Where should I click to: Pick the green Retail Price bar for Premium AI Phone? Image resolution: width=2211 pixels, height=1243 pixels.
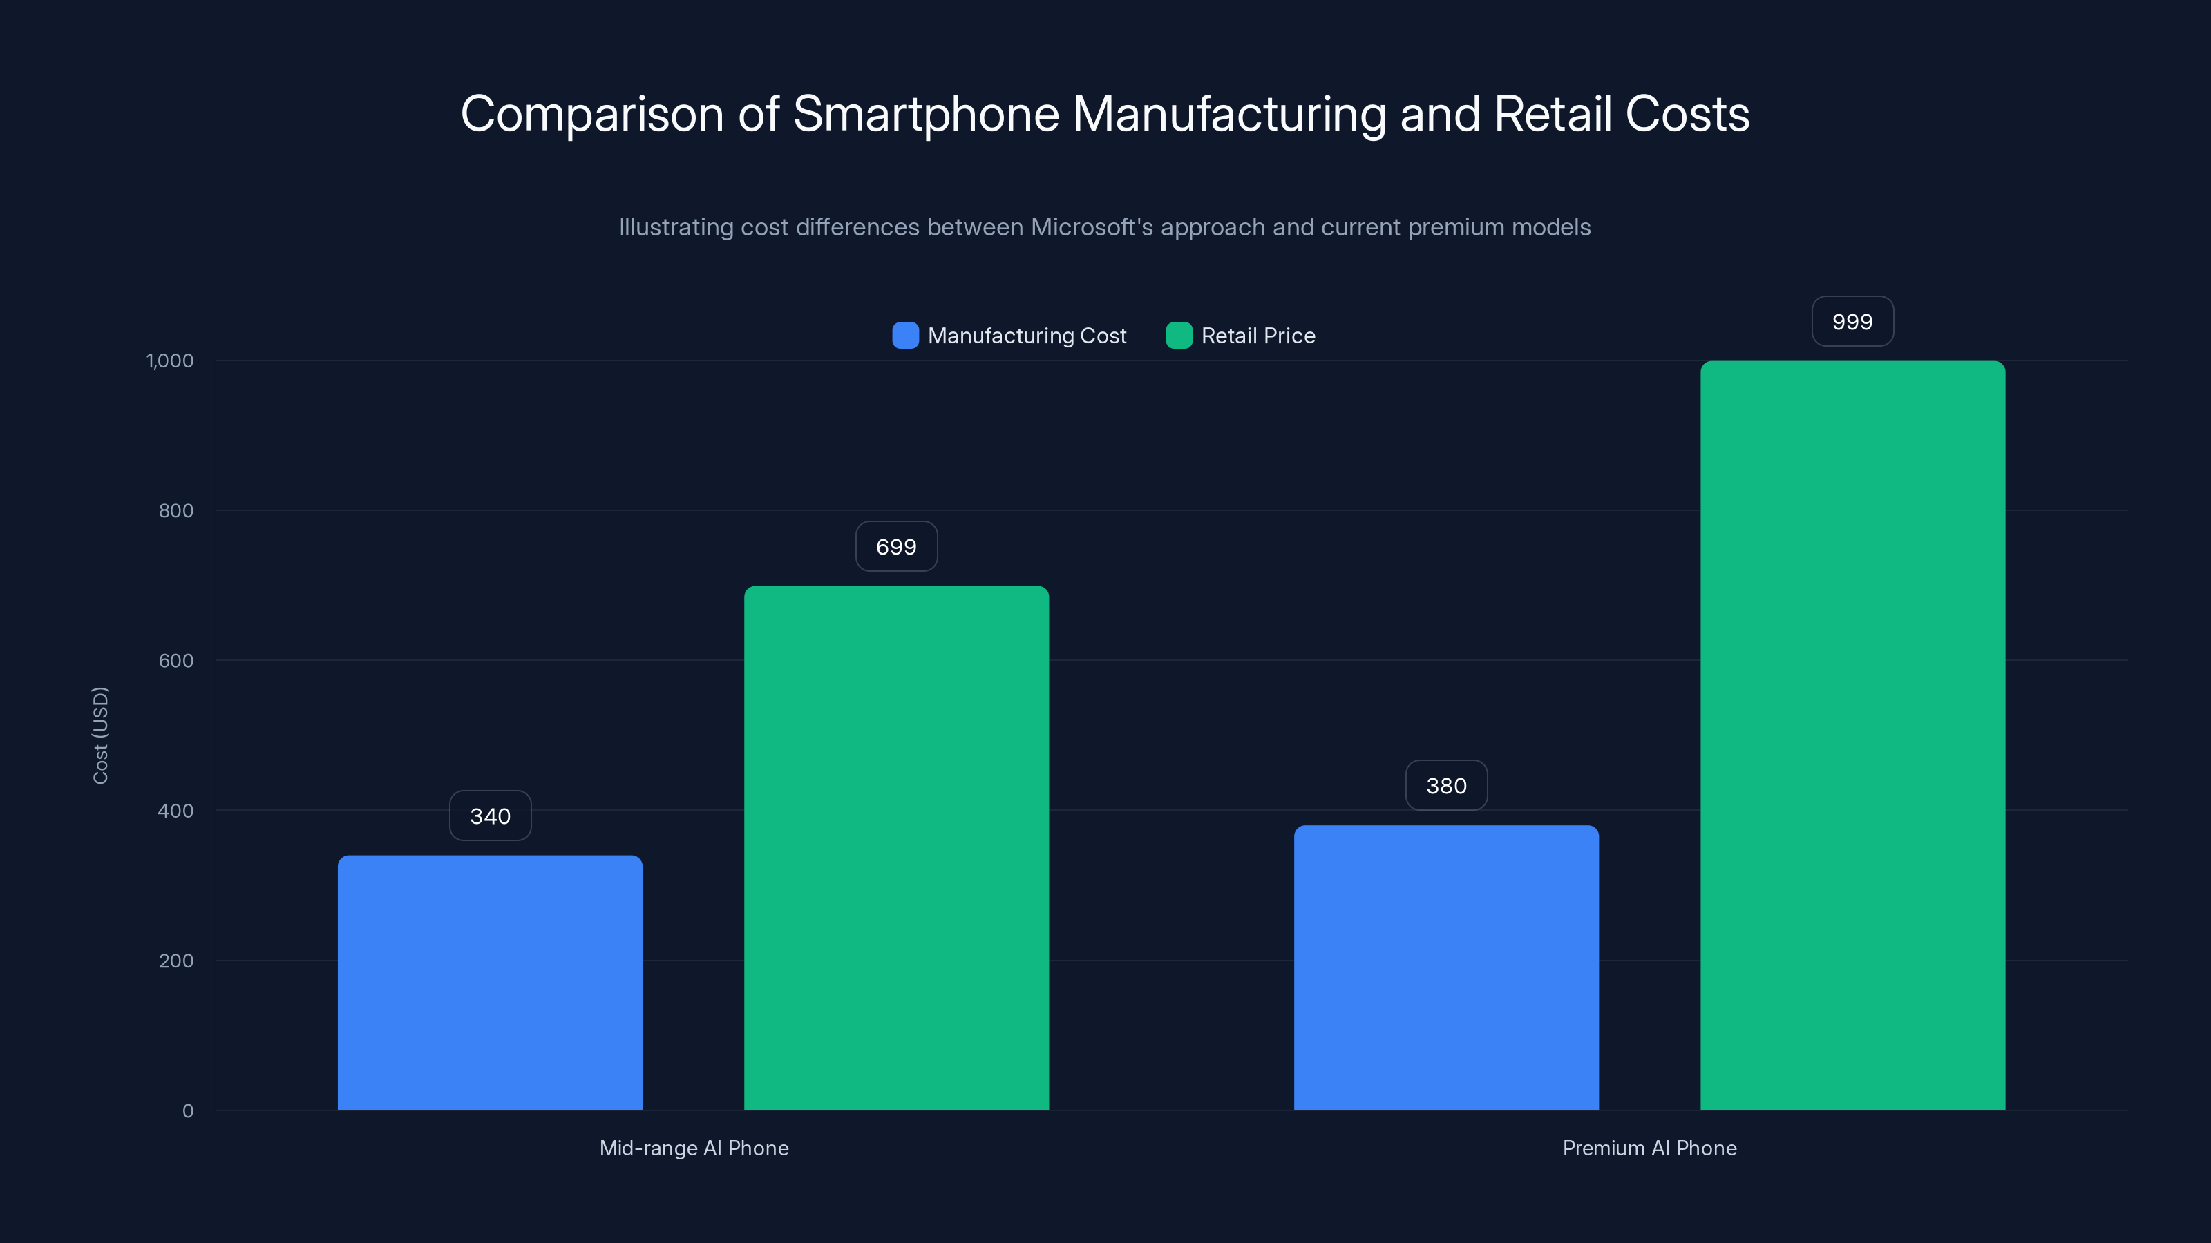click(x=1852, y=735)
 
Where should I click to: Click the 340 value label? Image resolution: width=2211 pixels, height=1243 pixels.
click(x=490, y=816)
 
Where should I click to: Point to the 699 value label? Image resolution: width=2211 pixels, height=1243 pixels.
click(x=896, y=546)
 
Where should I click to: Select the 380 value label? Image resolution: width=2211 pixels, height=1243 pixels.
click(x=1446, y=786)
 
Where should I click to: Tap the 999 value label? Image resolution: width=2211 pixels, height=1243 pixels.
click(x=1852, y=322)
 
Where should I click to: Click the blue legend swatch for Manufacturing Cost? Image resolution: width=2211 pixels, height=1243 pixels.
click(x=906, y=336)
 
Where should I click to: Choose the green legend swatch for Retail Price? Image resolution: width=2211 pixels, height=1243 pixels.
click(x=1179, y=336)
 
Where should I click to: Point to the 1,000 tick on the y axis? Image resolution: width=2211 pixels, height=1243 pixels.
click(x=170, y=360)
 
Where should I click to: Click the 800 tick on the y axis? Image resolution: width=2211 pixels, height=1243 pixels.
click(x=176, y=510)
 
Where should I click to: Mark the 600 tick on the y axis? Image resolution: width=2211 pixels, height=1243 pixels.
click(x=176, y=661)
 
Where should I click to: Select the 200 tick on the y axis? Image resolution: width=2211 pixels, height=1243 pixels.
click(x=176, y=961)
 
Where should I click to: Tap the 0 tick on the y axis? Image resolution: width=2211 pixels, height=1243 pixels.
click(x=188, y=1111)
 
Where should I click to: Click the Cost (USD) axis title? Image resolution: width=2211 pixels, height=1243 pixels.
click(x=100, y=735)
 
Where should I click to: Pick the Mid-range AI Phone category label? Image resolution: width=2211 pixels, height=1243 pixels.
click(x=694, y=1148)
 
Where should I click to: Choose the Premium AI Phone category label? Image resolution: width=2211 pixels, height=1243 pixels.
click(x=1649, y=1148)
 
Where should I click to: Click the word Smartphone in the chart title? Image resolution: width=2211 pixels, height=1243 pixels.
click(x=925, y=114)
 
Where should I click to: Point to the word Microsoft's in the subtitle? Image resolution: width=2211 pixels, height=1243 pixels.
click(x=1092, y=227)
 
